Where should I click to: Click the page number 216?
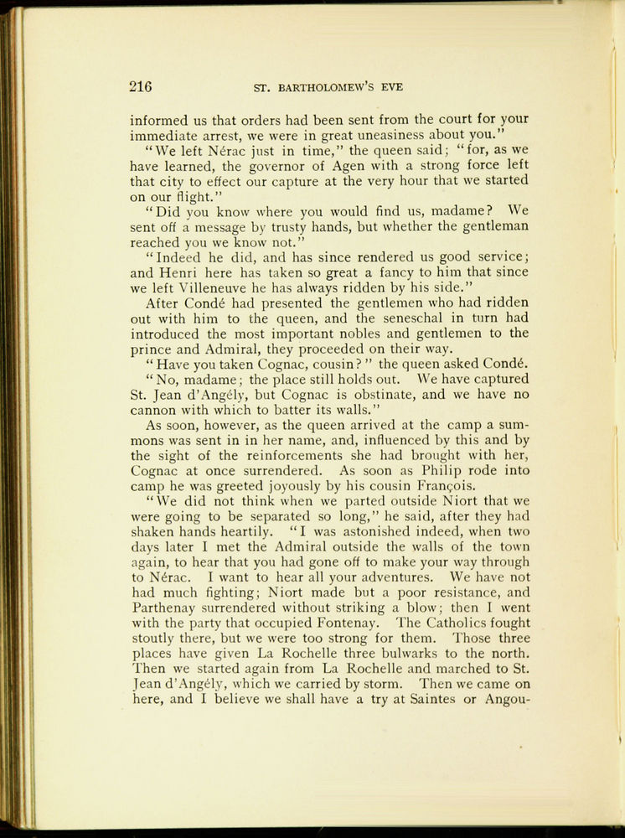click(141, 85)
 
